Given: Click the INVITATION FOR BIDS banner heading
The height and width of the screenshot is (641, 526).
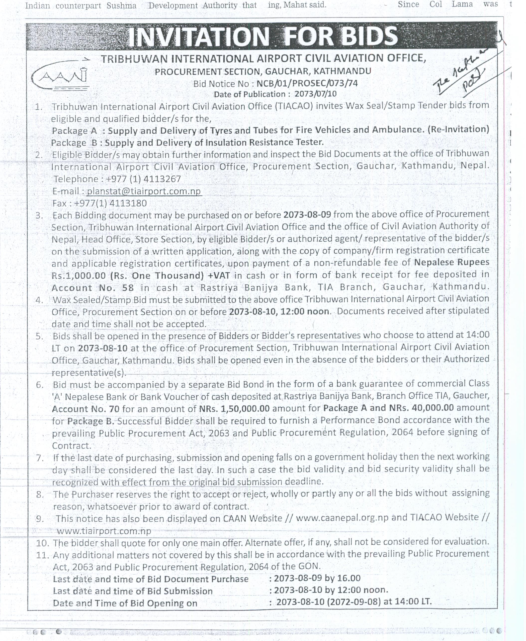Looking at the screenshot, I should [263, 36].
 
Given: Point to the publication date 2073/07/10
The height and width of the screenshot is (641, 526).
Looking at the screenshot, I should [315, 94].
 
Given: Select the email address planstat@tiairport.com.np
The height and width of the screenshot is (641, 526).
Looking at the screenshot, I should [144, 191].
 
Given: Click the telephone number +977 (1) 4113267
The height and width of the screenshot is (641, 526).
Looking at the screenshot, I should [143, 179].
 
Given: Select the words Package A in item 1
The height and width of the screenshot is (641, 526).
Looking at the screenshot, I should [74, 131].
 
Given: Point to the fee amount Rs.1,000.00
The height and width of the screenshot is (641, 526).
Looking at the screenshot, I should [79, 276].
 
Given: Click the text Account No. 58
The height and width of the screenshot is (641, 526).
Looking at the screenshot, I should [92, 288].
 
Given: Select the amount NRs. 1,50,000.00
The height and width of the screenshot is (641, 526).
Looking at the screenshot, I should [234, 409].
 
